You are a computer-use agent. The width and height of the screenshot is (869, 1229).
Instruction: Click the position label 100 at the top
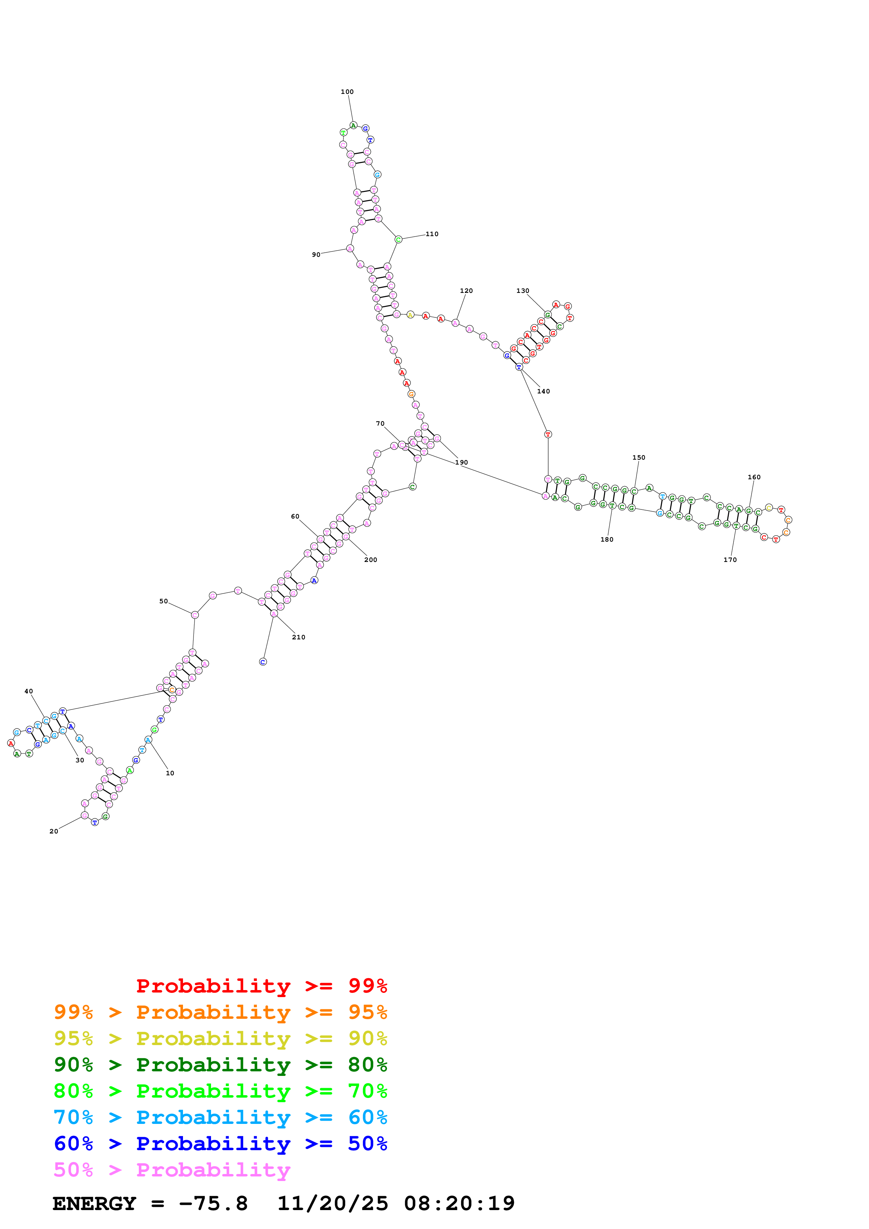coord(347,91)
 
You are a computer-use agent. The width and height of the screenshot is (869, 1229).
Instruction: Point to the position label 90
coord(316,255)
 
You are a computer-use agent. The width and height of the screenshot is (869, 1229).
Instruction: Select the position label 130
coord(523,291)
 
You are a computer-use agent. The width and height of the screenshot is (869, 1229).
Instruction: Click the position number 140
coord(543,391)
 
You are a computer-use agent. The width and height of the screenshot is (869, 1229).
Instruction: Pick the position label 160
coord(754,477)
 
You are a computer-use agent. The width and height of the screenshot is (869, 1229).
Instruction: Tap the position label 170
coord(730,560)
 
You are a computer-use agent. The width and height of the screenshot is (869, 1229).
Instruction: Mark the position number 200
coord(371,560)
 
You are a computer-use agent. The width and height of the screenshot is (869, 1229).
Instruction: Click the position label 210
coord(299,637)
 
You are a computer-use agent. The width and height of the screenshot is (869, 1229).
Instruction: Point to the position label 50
coord(163,601)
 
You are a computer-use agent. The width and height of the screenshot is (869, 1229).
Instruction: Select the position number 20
coord(54,831)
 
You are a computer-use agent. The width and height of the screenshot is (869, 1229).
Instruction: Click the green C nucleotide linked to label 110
coord(398,239)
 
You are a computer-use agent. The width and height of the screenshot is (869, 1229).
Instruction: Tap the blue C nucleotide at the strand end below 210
coord(263,662)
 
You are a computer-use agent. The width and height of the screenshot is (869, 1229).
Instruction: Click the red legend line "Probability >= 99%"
coord(261,986)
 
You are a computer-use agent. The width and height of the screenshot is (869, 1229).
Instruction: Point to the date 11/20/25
coord(332,1203)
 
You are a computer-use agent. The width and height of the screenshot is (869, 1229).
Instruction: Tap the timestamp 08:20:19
coord(460,1203)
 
